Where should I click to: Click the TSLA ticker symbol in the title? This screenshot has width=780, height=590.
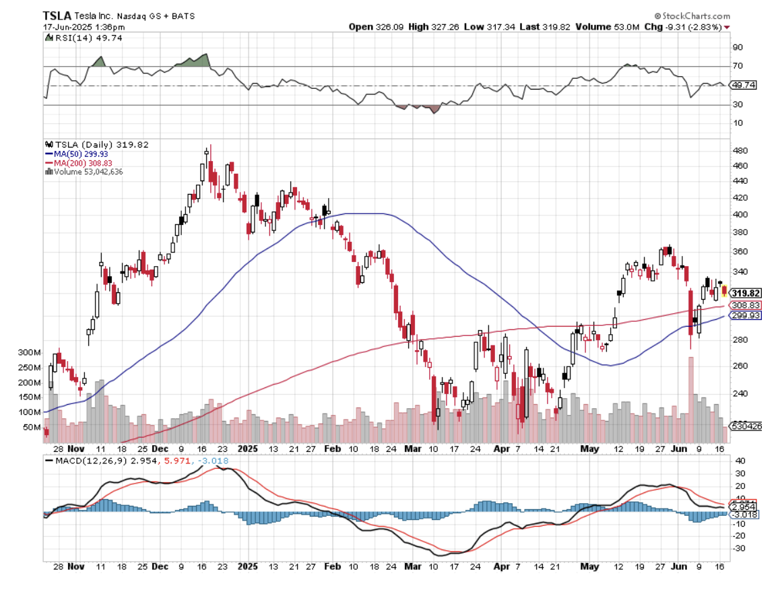click(53, 15)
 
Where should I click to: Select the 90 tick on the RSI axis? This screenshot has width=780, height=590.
click(738, 47)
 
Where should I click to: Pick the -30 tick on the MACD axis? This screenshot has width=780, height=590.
click(738, 548)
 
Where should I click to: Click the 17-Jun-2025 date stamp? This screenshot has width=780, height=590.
click(75, 27)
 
